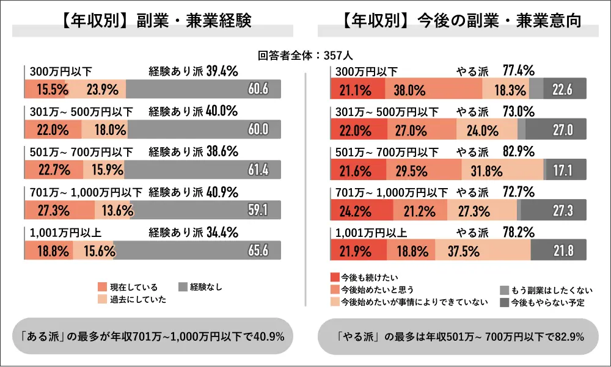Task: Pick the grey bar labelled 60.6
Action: [x=203, y=90]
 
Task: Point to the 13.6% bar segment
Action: [x=112, y=211]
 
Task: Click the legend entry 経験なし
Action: [x=201, y=286]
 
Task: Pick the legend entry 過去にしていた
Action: [x=131, y=299]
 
